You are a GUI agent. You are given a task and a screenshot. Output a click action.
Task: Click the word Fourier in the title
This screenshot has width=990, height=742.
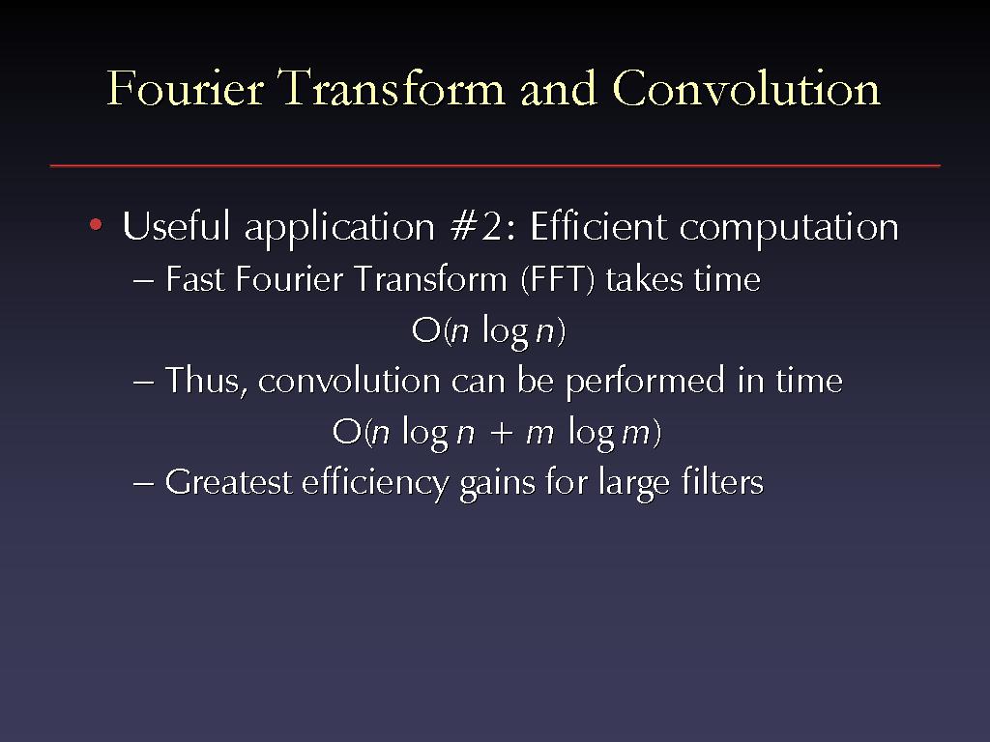pyautogui.click(x=185, y=88)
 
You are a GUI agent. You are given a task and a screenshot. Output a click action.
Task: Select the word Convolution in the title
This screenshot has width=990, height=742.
pyautogui.click(x=746, y=88)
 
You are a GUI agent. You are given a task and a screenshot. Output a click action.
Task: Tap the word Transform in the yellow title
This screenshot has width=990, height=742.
pyautogui.click(x=393, y=88)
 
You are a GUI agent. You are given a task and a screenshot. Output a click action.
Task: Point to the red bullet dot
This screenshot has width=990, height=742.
pyautogui.click(x=96, y=224)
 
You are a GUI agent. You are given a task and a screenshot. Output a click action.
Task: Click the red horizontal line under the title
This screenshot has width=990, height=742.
pyautogui.click(x=495, y=166)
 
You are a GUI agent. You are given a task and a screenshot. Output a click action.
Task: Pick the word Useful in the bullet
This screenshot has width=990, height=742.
pyautogui.click(x=176, y=226)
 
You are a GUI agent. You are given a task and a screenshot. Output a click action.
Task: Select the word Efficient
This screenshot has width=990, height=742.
pyautogui.click(x=598, y=226)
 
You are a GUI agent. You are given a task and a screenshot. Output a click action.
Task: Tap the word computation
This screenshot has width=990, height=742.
pyautogui.click(x=789, y=228)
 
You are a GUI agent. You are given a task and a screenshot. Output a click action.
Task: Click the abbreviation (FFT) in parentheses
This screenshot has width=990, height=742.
pyautogui.click(x=558, y=279)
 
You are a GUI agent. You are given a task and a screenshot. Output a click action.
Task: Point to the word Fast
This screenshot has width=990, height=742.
pyautogui.click(x=194, y=279)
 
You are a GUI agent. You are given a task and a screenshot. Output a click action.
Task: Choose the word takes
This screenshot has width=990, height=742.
pyautogui.click(x=643, y=279)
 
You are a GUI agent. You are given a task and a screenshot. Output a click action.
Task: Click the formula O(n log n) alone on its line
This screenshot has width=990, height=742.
pyautogui.click(x=488, y=330)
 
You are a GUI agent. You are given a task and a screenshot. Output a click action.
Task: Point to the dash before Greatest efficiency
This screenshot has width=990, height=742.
pyautogui.click(x=143, y=485)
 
